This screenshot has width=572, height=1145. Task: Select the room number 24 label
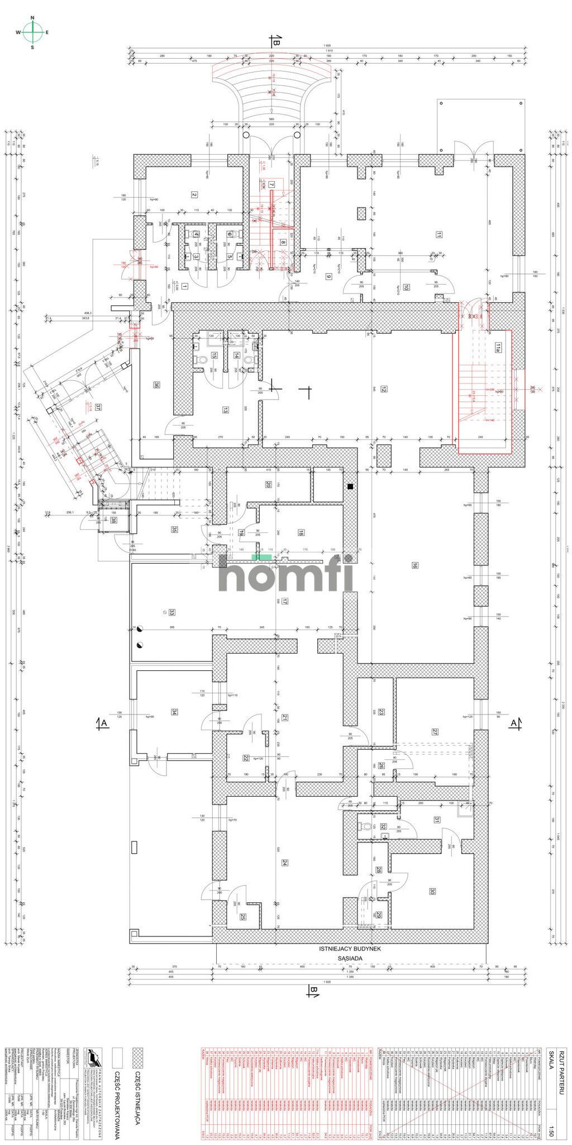pos(284,862)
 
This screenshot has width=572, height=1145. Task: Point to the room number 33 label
pos(173,612)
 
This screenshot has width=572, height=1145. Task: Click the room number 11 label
pos(439,235)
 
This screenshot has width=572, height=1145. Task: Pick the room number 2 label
pos(194,195)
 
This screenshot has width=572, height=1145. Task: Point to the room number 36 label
pos(157,385)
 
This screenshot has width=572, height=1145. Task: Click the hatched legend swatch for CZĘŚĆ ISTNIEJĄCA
pos(135,1051)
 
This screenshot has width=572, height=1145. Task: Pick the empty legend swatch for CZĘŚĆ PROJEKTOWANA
pos(117,1051)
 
